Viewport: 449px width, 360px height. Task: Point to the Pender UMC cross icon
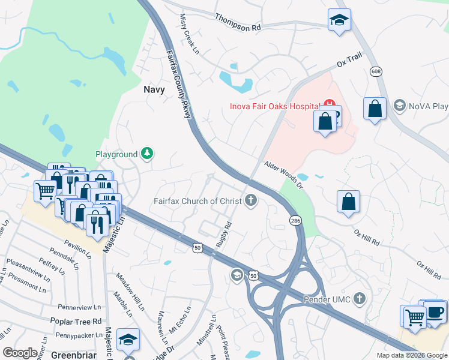click(x=359, y=298)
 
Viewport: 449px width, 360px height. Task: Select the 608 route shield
click(x=376, y=71)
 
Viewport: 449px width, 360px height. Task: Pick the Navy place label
click(x=154, y=89)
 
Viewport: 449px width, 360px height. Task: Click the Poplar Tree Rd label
click(x=76, y=322)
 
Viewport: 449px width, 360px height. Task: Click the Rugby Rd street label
click(x=224, y=235)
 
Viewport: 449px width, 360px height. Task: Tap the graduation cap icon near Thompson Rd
click(x=339, y=20)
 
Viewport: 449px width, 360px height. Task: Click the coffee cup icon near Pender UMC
click(x=435, y=312)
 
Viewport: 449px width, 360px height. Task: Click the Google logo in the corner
click(x=20, y=352)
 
